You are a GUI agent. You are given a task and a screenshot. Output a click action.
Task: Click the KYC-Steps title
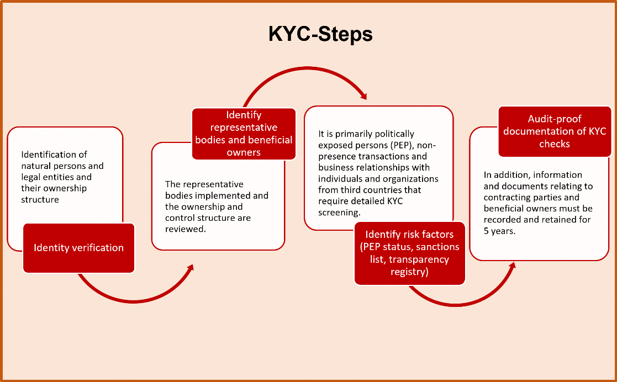pos(320,34)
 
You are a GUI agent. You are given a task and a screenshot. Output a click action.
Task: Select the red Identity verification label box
pos(78,248)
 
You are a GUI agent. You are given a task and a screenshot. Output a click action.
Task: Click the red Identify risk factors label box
pos(409,253)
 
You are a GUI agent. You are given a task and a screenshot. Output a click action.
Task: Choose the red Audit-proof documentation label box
pos(554,131)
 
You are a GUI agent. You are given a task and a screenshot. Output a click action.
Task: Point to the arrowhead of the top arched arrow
pos(364,96)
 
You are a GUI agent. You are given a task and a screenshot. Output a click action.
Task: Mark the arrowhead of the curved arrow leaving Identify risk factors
pos(512,266)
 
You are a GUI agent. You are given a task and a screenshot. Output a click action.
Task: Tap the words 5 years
pos(500,230)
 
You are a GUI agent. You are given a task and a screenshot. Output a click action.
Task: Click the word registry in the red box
pos(409,272)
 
